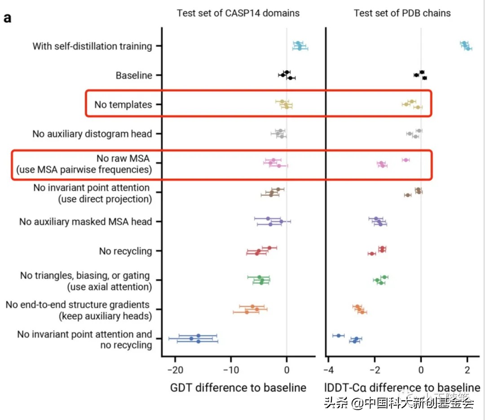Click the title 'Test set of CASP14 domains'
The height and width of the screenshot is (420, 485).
tap(238, 13)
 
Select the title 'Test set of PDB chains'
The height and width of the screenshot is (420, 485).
tap(402, 13)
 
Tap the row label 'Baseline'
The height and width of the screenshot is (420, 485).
tap(134, 76)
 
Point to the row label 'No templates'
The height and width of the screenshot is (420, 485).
tap(123, 105)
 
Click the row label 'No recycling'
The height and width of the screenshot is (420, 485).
tap(126, 251)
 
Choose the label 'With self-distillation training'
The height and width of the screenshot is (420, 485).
tap(92, 46)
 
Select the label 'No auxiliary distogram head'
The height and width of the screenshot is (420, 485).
tap(92, 134)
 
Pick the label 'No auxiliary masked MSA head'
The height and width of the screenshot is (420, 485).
tap(86, 222)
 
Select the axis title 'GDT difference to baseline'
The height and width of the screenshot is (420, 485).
tap(238, 388)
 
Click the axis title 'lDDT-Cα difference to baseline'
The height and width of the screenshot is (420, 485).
tap(402, 388)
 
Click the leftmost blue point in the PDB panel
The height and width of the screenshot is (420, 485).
tap(339, 335)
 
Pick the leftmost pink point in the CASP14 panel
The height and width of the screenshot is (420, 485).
tap(270, 163)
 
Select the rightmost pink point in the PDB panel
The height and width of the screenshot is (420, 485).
tap(406, 160)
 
